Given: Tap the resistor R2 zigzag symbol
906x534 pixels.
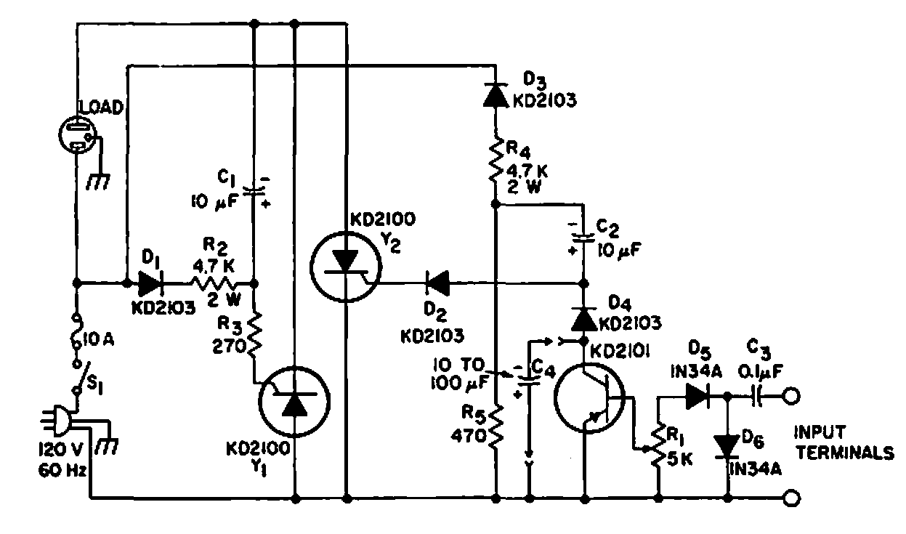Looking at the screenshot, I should click(211, 282).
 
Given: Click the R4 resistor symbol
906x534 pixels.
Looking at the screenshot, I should click(495, 161).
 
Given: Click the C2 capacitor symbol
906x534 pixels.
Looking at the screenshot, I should click(583, 238).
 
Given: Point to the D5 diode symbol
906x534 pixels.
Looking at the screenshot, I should click(695, 396).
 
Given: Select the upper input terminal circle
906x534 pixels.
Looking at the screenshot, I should click(791, 396).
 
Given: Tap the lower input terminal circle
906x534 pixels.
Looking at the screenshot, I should click(791, 498).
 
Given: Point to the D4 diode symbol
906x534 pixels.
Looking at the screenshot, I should click(583, 318).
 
